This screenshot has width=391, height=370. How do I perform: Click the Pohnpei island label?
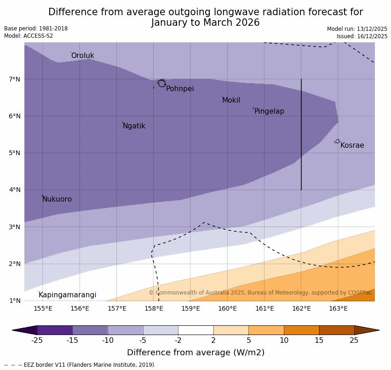click(x=180, y=89)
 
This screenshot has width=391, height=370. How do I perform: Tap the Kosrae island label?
click(x=352, y=145)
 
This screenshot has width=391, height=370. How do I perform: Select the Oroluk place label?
click(x=82, y=56)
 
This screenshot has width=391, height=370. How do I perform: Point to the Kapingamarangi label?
click(x=67, y=295)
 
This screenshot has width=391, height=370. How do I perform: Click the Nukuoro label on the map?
click(x=57, y=199)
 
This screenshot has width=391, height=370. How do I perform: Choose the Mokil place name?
click(x=231, y=100)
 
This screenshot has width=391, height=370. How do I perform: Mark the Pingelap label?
click(x=269, y=111)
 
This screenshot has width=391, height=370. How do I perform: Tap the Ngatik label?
click(x=134, y=126)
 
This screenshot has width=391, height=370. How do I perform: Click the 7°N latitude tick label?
click(x=15, y=79)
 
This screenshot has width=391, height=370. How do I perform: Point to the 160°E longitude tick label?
click(x=227, y=308)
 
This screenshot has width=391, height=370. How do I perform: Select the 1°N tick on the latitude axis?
click(x=15, y=301)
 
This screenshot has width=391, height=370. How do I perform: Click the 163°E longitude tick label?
click(x=338, y=308)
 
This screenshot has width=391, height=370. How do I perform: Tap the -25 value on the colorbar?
click(x=37, y=341)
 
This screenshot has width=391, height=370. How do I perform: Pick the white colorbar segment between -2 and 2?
click(x=195, y=330)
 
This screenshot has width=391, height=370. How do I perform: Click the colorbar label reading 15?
click(x=319, y=341)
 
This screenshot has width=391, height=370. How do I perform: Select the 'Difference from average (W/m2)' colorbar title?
click(x=195, y=353)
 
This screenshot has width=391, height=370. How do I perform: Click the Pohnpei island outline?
click(x=161, y=83)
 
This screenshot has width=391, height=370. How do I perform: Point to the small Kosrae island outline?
click(x=337, y=141)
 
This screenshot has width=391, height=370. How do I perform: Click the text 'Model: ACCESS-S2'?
click(x=29, y=36)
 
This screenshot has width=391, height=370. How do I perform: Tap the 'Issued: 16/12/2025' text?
click(x=362, y=36)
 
